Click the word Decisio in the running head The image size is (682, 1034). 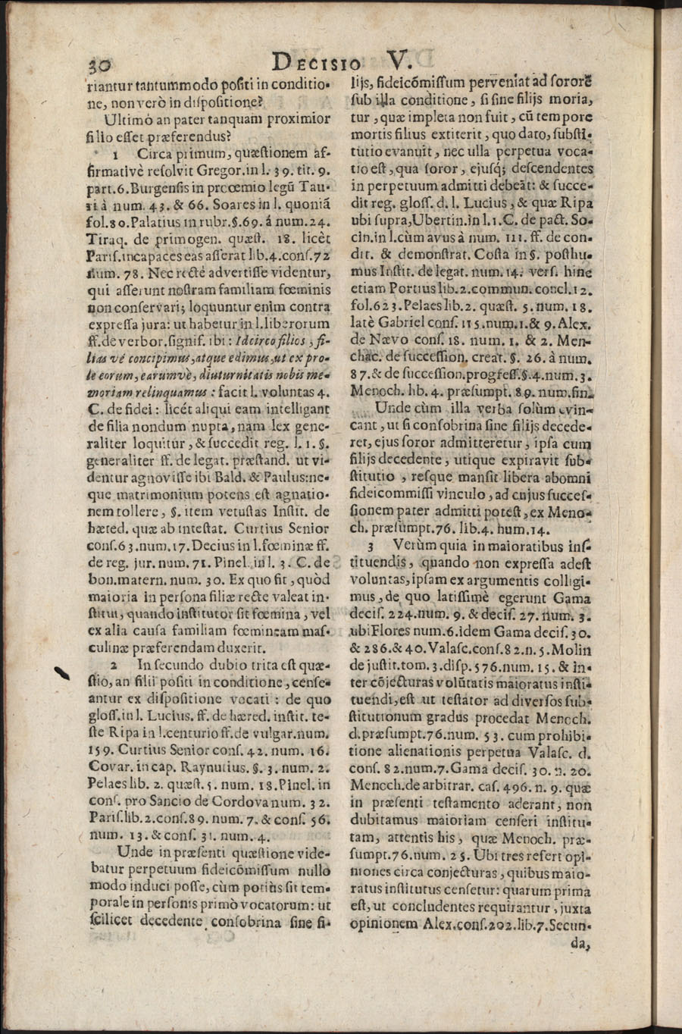pos(318,62)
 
